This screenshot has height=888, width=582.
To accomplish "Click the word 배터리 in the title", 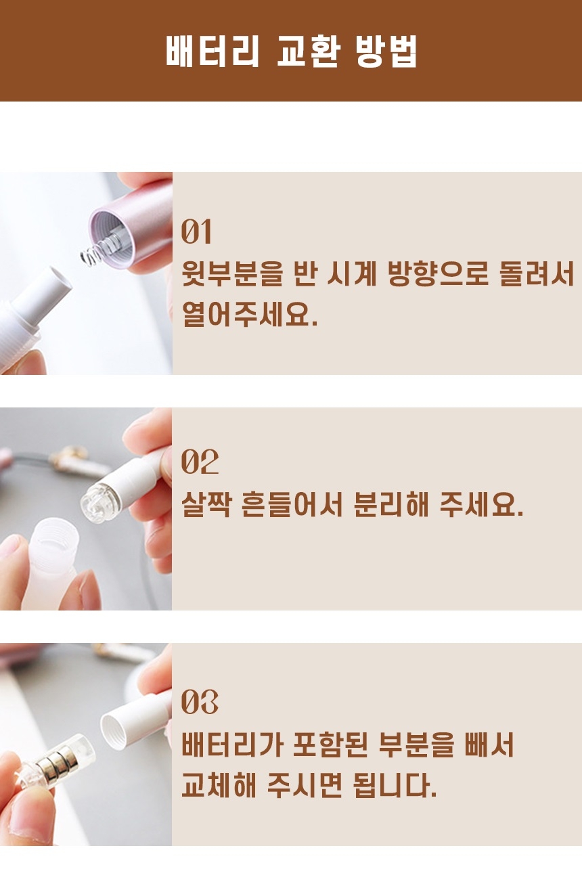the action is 212,51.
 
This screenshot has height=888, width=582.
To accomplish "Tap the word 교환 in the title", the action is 308,51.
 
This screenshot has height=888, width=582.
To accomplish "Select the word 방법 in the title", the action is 385,51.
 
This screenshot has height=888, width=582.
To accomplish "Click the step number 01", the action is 196,231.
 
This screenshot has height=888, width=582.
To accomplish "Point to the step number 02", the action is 200,462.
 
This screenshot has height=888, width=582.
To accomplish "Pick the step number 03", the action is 200,702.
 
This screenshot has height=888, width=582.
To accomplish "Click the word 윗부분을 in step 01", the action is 233,274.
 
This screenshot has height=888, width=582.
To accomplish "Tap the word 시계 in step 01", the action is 351,274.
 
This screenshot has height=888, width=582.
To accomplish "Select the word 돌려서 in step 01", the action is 537,274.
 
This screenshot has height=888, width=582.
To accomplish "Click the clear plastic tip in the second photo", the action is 96,503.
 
